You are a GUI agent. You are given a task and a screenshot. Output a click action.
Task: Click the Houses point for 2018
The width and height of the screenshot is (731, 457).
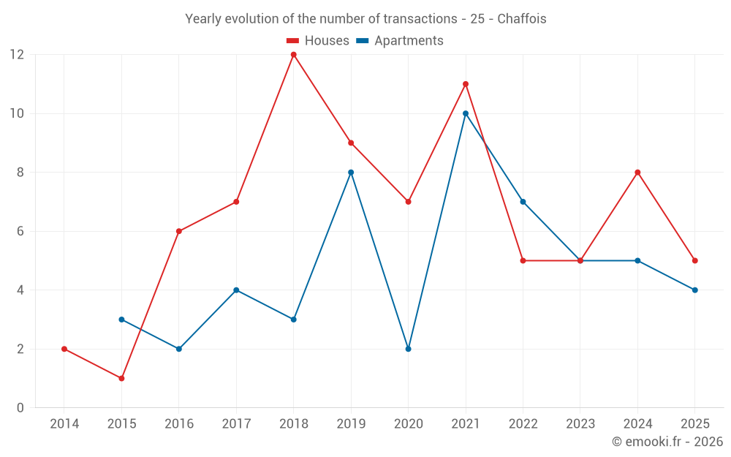point(294,55)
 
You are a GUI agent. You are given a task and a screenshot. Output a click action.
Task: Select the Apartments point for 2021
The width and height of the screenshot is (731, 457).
point(466,113)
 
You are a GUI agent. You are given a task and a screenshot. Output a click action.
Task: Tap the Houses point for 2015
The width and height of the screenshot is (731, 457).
point(121,378)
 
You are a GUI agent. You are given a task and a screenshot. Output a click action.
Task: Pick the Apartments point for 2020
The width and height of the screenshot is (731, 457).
point(409,349)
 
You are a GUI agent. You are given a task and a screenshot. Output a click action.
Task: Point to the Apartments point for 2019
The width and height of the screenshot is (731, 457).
point(351,173)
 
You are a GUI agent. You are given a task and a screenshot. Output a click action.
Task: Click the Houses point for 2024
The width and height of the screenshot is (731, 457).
point(637,173)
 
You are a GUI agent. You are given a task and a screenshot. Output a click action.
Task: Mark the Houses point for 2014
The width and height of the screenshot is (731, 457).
point(64,349)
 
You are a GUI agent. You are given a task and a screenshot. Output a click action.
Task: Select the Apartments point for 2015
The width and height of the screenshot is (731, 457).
point(121,320)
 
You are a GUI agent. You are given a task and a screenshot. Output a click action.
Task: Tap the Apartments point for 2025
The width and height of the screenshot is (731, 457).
point(695,290)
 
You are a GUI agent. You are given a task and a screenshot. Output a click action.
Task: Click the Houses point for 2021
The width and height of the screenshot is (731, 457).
point(466,84)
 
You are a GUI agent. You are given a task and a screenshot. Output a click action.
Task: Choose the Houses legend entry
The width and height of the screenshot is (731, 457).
point(318,40)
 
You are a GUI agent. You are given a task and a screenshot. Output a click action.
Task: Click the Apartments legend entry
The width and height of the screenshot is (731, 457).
point(400,40)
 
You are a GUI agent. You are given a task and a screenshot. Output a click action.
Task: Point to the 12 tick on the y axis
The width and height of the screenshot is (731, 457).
point(17,55)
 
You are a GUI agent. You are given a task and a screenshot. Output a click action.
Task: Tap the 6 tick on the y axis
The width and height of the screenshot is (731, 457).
point(20,231)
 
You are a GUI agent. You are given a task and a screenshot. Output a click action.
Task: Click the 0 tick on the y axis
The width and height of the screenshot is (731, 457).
point(20,407)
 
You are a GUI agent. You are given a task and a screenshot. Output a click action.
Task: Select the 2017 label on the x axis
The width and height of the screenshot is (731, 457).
point(236,423)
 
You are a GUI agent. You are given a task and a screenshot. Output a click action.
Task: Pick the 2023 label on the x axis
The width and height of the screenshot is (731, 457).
point(580,423)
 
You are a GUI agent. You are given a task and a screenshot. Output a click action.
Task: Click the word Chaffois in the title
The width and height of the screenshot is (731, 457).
point(522,19)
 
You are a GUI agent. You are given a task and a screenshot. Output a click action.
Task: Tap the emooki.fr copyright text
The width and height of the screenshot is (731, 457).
point(667,441)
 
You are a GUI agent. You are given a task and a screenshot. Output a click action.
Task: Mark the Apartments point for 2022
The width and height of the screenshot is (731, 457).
point(523,202)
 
